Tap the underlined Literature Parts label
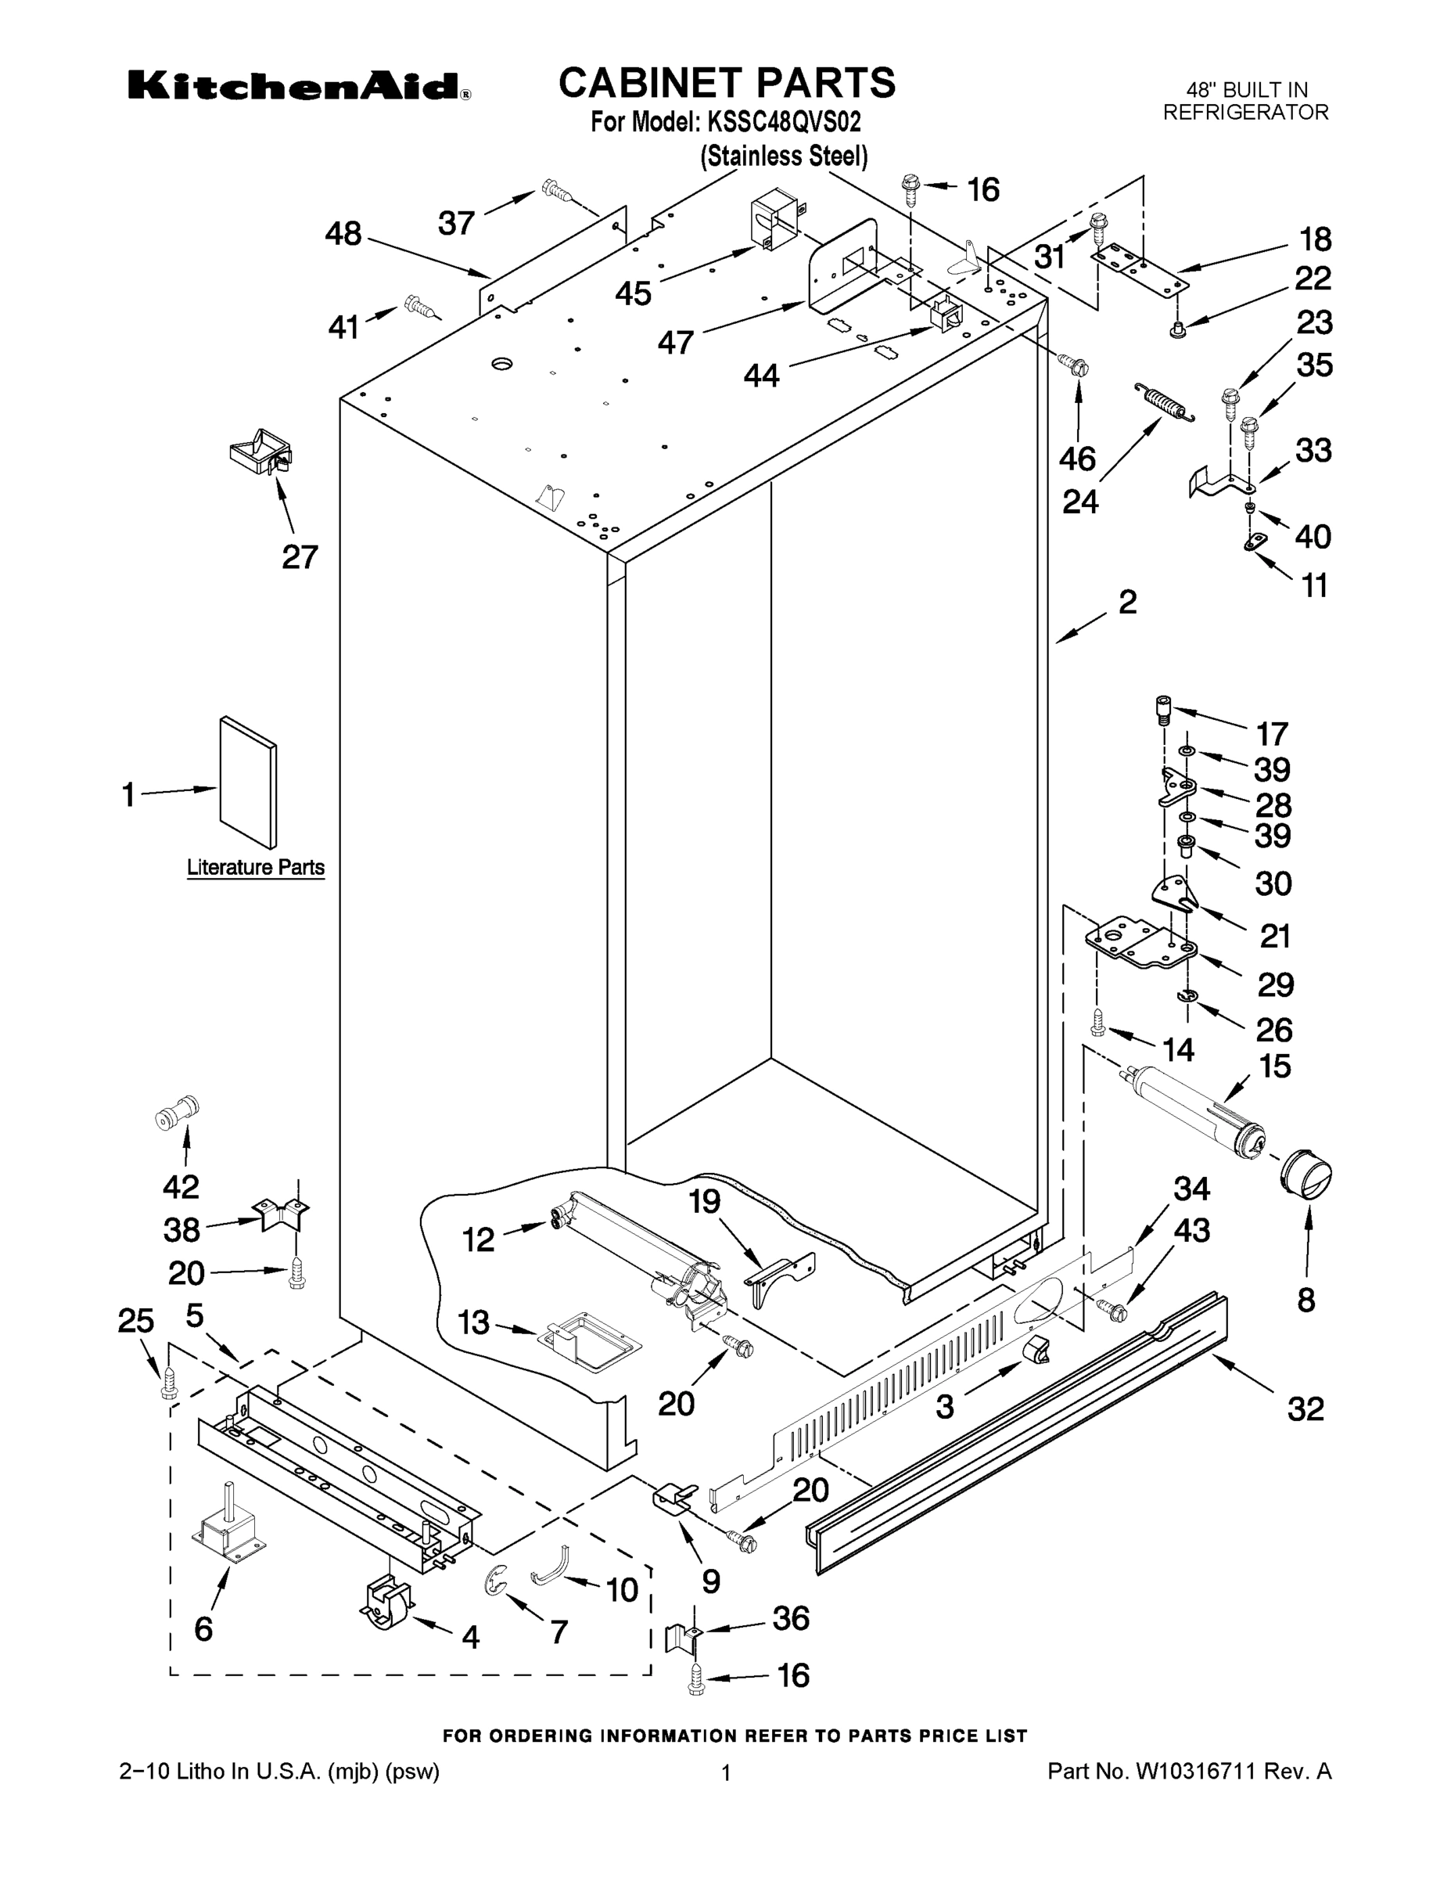pos(255,867)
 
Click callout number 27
pos(300,557)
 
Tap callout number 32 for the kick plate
pos(1305,1408)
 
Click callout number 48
pos(343,234)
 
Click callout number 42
pos(181,1186)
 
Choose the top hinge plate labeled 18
pos(1137,268)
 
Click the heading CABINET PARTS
pos(727,84)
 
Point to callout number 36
pos(790,1617)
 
